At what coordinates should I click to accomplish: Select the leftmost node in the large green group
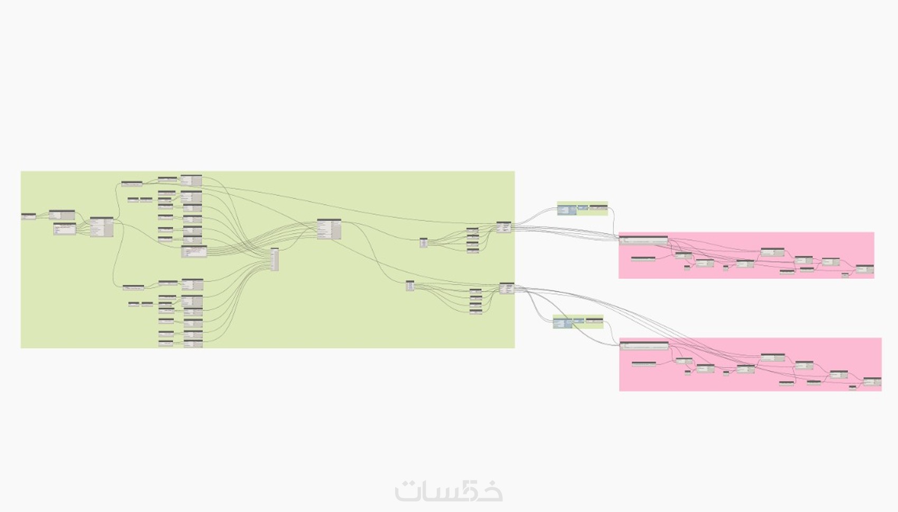29,216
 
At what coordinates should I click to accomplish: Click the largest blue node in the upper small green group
567,210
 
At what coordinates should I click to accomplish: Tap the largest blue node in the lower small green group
563,323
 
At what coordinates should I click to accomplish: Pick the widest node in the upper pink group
643,240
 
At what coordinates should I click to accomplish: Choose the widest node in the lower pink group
644,346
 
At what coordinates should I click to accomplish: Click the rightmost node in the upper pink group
865,269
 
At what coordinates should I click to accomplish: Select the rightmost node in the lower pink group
872,381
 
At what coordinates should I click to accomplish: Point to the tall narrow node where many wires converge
275,259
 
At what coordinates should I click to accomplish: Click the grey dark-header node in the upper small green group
598,207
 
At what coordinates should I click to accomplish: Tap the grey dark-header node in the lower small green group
594,320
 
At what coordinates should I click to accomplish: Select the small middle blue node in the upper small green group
583,207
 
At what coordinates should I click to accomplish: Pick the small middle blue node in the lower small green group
579,320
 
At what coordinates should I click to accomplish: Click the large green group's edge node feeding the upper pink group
504,227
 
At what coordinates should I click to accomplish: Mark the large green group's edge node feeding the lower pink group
507,288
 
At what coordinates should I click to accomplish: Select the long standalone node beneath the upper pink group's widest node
643,259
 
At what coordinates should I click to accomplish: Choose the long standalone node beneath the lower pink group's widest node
644,364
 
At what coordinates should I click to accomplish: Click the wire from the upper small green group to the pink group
613,222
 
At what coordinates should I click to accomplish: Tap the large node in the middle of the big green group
329,229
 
